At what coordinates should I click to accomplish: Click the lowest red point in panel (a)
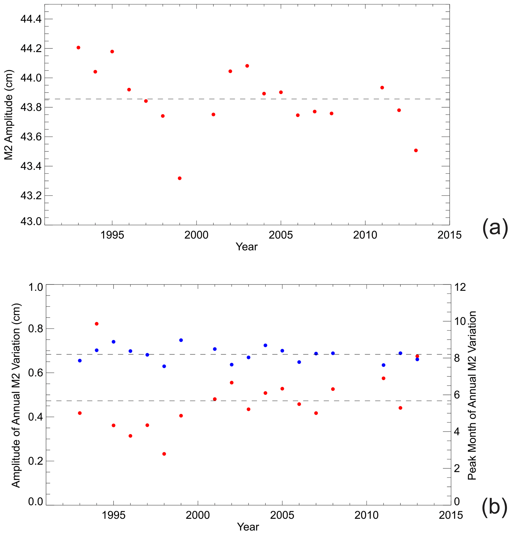pos(180,178)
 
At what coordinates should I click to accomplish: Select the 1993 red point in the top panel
pos(78,48)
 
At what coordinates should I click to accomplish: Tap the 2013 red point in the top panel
pos(416,150)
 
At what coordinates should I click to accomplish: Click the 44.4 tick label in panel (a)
pos(31,19)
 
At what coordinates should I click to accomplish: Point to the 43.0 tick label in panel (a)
pos(31,222)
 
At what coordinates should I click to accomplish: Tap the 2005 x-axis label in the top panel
pos(281,235)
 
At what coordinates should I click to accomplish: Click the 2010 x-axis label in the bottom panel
pos(366,515)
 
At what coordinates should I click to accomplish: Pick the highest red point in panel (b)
pos(97,324)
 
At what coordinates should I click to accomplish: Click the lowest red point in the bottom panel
pos(164,454)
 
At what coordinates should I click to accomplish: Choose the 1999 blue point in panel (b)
pos(181,340)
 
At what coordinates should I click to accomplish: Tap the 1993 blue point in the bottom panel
pos(80,360)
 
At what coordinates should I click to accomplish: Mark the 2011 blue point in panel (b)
pos(383,365)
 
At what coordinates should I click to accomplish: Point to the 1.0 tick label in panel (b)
pos(35,287)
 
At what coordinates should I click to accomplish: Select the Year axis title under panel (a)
pos(246,247)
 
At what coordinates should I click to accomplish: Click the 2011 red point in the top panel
pos(382,88)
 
